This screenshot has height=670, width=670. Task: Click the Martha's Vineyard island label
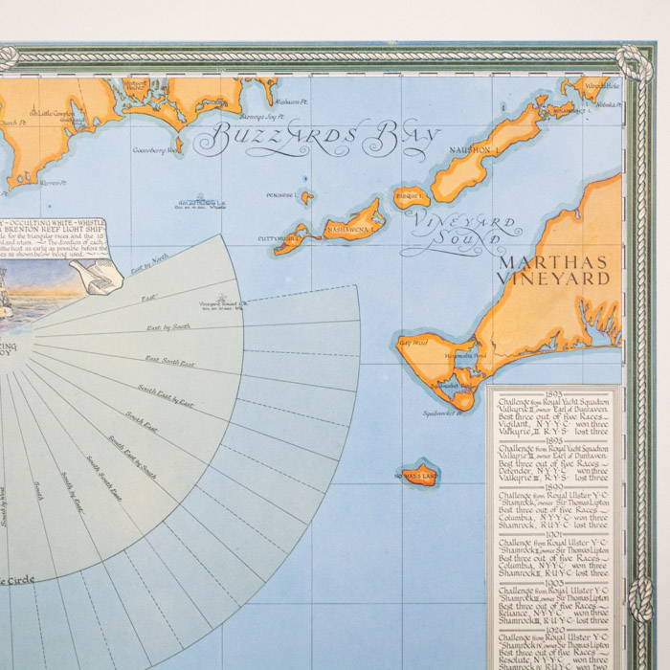click(553, 269)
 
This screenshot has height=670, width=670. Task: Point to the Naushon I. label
click(475, 149)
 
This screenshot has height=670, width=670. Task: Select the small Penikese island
click(306, 198)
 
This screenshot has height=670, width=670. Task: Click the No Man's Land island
click(419, 473)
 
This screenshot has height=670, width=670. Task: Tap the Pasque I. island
click(413, 197)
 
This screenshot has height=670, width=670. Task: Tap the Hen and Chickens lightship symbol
click(201, 201)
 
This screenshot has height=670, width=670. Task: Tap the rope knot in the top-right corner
click(633, 59)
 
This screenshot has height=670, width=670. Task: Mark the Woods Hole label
click(604, 86)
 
